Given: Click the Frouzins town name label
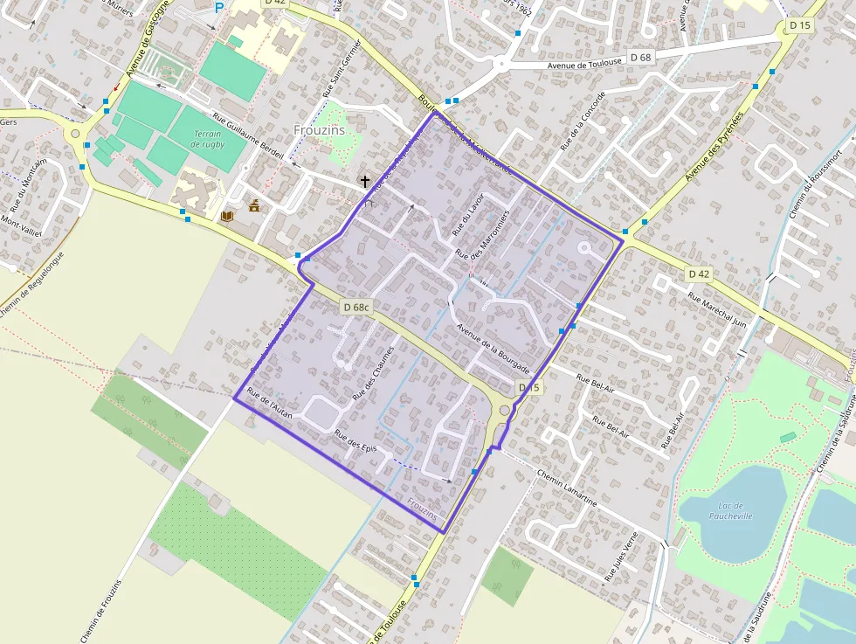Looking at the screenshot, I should [320, 130].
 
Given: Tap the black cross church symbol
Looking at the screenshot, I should [364, 182].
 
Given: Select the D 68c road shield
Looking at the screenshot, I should [357, 307].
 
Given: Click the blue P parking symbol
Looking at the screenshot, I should [218, 8].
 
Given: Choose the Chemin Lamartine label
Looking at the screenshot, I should [567, 490].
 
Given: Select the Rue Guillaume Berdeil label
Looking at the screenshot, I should [250, 137].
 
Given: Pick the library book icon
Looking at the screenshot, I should [227, 215].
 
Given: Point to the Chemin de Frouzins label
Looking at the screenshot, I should [105, 610].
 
